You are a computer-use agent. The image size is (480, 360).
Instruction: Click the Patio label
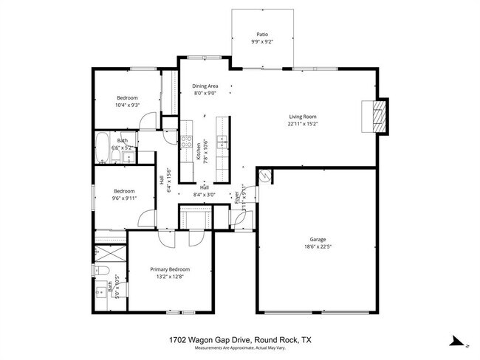(x=262, y=34)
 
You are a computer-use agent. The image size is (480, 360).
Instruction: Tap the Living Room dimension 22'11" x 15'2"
(x=303, y=125)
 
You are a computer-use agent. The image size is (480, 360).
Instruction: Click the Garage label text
(x=318, y=240)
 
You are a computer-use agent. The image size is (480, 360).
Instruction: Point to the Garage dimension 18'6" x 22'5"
(x=318, y=248)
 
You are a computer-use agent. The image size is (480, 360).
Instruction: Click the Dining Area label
(x=205, y=86)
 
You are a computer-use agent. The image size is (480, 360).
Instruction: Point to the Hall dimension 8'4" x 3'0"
(x=204, y=195)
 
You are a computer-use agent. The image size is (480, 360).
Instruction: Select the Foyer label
(x=237, y=197)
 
